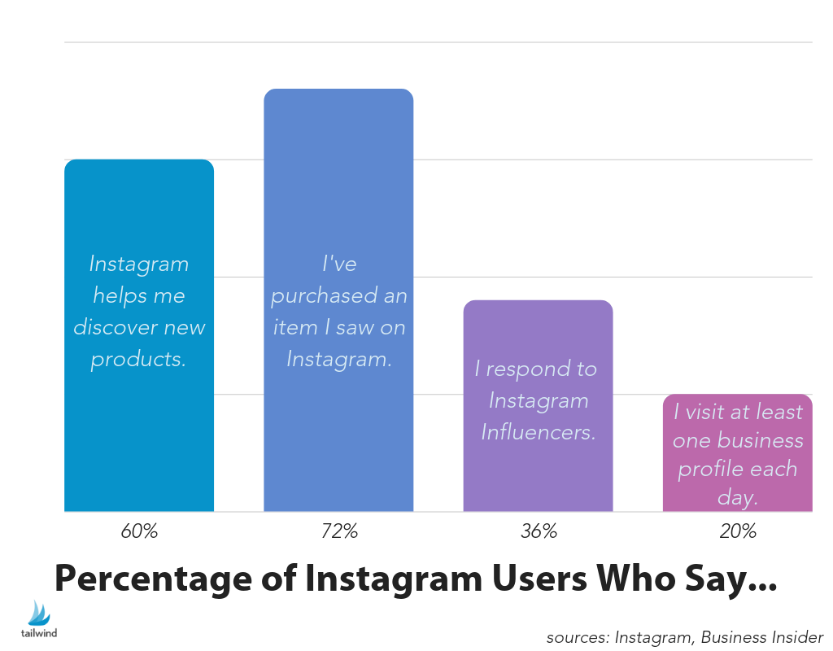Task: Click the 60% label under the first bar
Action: point(139,532)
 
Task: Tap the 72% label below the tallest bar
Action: point(338,532)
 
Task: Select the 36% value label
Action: point(539,532)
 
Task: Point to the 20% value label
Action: point(738,532)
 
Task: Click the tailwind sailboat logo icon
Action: point(39,612)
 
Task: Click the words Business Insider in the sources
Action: point(762,637)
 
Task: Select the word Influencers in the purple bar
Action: point(539,431)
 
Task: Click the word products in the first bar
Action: point(139,359)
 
